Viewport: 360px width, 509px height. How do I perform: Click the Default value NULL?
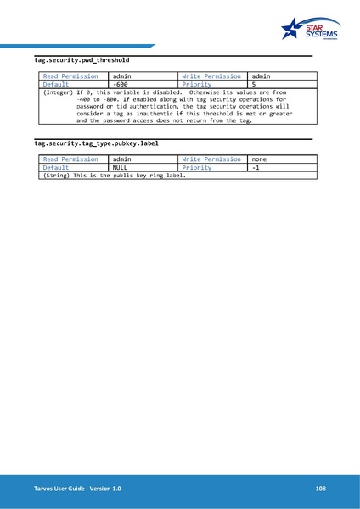pos(125,168)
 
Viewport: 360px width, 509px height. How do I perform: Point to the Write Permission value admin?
pos(262,76)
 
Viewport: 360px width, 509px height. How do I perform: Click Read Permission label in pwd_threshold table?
pos(70,76)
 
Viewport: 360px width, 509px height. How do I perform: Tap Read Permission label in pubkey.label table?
pos(70,159)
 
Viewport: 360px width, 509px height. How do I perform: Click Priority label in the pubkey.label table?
pos(197,168)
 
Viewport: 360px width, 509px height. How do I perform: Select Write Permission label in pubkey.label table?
pos(211,159)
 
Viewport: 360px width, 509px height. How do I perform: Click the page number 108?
pos(320,489)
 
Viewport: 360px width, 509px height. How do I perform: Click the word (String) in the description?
pos(55,176)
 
